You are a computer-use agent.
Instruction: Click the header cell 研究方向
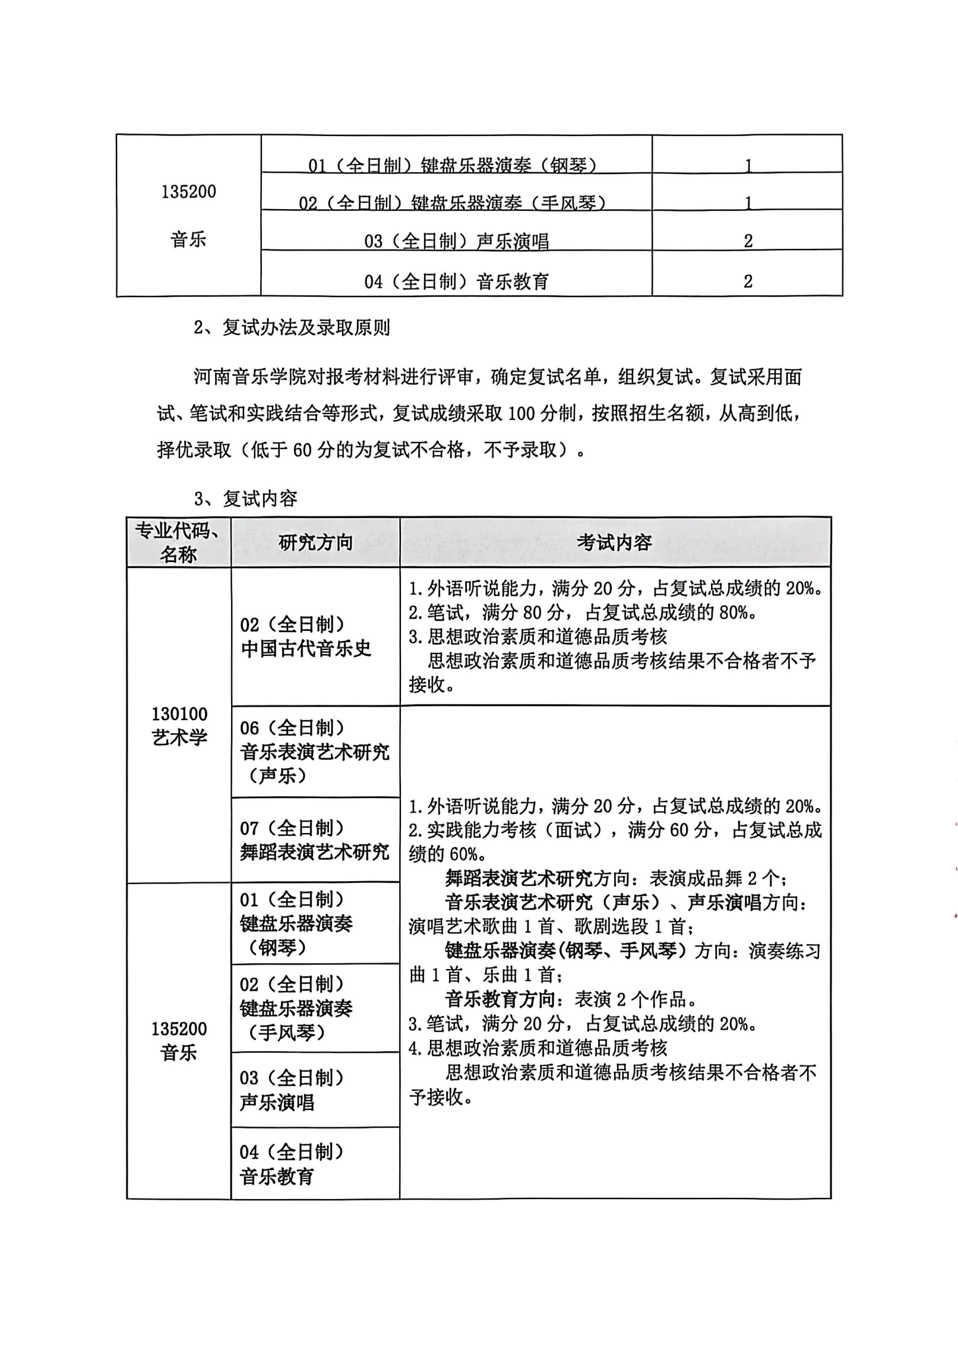tap(315, 542)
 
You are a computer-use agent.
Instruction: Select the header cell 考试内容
tap(614, 542)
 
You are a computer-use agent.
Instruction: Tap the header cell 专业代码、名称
tap(179, 542)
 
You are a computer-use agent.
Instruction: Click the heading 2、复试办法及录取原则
tap(292, 327)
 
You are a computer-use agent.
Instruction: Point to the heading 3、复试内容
tap(246, 499)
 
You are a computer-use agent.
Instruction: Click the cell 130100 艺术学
tap(180, 725)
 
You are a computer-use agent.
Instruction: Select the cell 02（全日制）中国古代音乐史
tap(306, 636)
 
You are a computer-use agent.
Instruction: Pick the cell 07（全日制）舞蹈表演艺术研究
tap(315, 840)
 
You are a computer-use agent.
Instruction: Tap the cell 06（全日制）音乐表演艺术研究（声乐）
tap(315, 751)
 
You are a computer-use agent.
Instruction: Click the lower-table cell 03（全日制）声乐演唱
tap(292, 1090)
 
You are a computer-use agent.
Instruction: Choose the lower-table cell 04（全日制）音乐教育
tap(292, 1164)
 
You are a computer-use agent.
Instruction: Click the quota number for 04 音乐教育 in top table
tap(748, 281)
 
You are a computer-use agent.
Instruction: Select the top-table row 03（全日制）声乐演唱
tap(456, 241)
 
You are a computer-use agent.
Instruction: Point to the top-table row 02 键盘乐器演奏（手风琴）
tap(452, 202)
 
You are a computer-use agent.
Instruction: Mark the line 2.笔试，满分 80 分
tap(582, 612)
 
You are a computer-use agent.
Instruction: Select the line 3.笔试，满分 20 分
tap(582, 1023)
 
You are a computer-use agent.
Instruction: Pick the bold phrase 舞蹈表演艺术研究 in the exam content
tap(519, 878)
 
